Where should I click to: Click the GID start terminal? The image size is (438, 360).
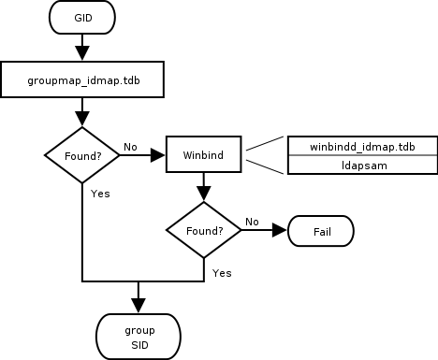click(82, 19)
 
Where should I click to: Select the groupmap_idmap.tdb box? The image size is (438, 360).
click(83, 80)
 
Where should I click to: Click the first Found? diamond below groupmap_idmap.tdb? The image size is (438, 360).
click(82, 155)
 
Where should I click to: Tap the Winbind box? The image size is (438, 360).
click(203, 155)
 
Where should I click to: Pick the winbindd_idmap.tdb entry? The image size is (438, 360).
click(361, 146)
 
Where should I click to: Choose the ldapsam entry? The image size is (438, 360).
click(361, 164)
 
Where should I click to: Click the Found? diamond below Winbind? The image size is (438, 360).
click(203, 229)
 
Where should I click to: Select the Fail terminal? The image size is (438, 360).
click(320, 229)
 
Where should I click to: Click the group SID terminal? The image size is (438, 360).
click(138, 338)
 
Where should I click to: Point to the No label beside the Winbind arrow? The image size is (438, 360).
click(130, 147)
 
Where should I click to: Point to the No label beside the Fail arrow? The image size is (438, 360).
click(252, 222)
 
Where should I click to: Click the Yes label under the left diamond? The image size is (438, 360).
click(101, 194)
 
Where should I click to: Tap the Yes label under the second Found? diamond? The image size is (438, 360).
click(223, 272)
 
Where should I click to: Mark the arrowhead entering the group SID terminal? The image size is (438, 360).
click(138, 305)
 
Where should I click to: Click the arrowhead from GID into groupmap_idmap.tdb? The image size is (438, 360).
click(82, 52)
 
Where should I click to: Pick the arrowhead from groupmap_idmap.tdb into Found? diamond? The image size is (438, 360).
click(82, 118)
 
